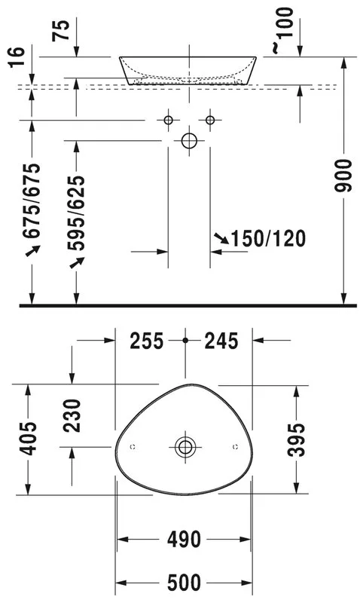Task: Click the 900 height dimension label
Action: pyautogui.click(x=343, y=176)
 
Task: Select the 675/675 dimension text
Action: pyautogui.click(x=32, y=200)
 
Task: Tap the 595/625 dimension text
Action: pyautogui.click(x=75, y=213)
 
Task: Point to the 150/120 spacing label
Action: pyautogui.click(x=268, y=238)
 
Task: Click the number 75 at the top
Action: pyautogui.click(x=62, y=30)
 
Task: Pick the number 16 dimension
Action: pyautogui.click(x=17, y=57)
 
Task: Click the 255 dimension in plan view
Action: pyautogui.click(x=146, y=341)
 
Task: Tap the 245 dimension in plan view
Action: pyautogui.click(x=221, y=341)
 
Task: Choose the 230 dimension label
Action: pyautogui.click(x=72, y=416)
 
